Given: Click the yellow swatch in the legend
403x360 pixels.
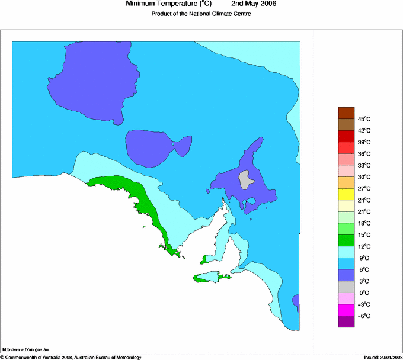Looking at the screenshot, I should click(346, 194).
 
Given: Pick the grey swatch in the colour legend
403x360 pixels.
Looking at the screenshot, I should click(346, 287).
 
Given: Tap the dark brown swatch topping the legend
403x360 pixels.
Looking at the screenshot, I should click(346, 113).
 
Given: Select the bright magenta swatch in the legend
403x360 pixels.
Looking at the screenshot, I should click(346, 310).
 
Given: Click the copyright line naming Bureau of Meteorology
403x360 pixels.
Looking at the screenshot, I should click(71, 357).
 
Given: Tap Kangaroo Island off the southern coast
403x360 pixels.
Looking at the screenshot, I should click(211, 277).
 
